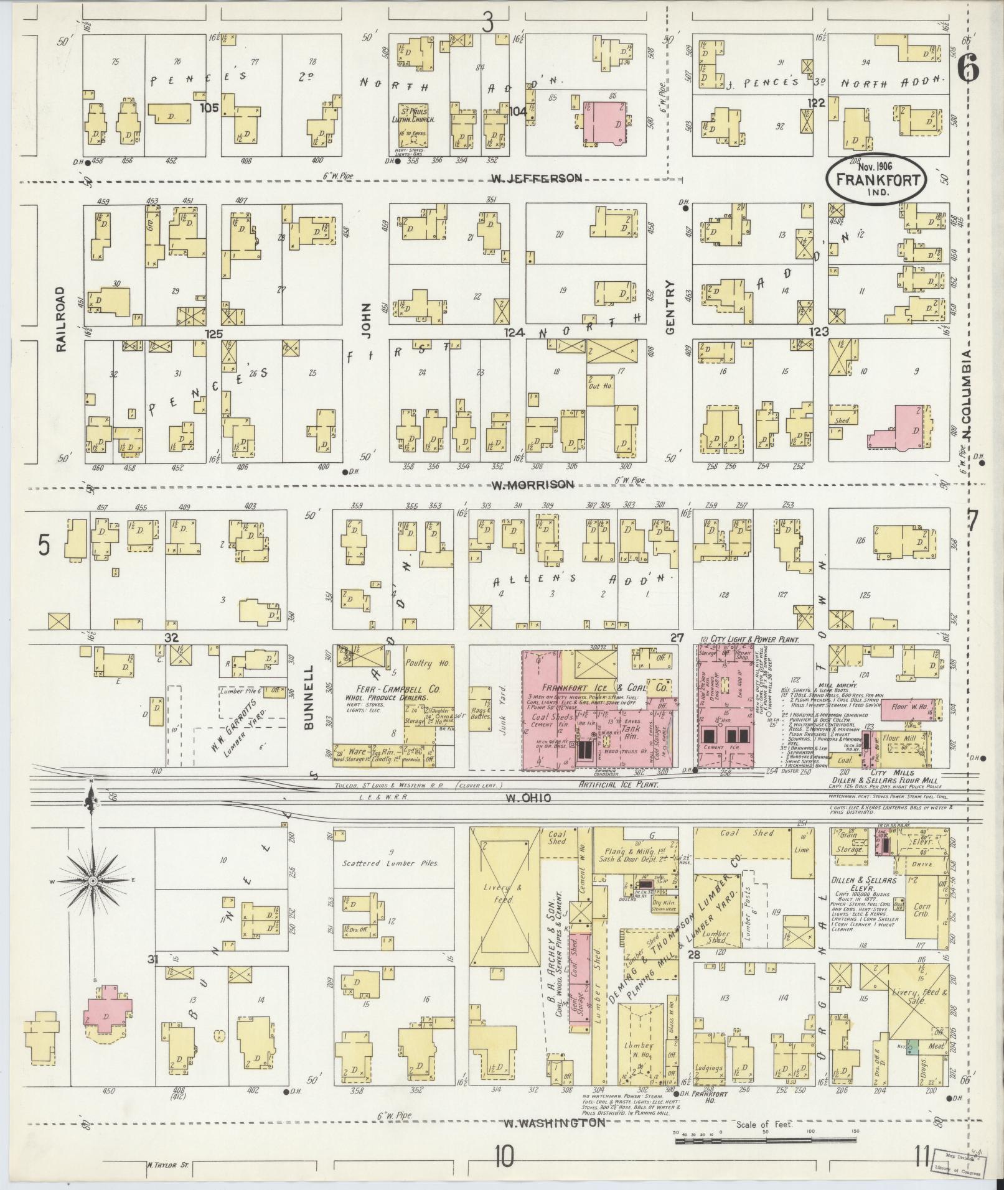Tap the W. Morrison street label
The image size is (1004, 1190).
pos(532,485)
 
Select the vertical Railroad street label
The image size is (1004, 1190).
pos(61,319)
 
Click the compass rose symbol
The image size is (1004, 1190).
pos(92,881)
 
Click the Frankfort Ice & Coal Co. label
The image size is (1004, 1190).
pos(603,689)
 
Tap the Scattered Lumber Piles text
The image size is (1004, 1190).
pos(391,864)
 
